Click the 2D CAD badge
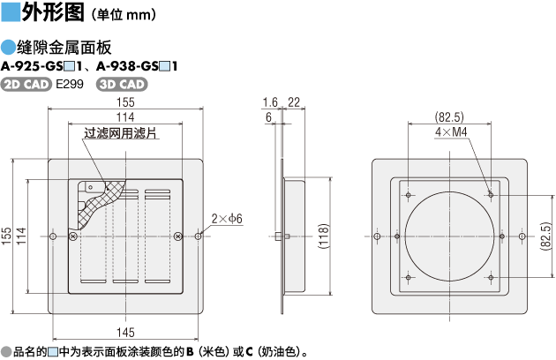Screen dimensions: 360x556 pos(26,85)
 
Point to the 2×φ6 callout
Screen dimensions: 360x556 pos(227,218)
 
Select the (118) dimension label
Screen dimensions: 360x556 pos(324,237)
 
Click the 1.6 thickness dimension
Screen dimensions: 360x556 pos(269,101)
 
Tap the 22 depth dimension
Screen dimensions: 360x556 pos(293,101)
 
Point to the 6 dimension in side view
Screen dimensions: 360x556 pos(267,116)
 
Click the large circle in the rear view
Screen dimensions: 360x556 pos(449,237)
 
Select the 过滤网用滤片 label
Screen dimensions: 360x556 pos(120,134)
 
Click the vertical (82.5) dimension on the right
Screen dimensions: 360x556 pos(546,237)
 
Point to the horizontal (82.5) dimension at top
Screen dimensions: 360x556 pos(450,116)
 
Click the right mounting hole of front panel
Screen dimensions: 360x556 pos(199,236)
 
